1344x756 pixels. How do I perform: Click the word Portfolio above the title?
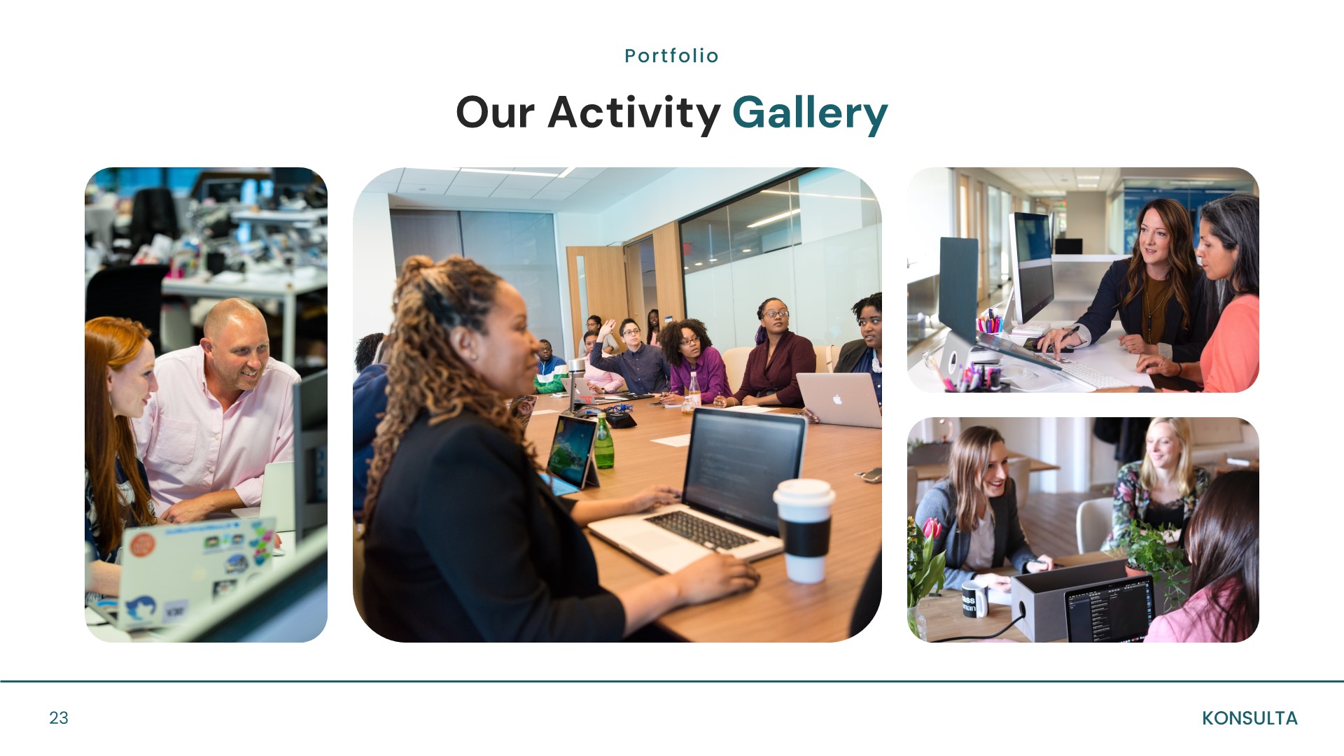[x=671, y=56]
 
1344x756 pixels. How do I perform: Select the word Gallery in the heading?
[x=809, y=113]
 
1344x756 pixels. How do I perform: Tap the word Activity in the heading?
[x=633, y=113]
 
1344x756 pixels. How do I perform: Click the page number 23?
[x=59, y=717]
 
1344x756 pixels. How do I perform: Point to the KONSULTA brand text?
[x=1249, y=718]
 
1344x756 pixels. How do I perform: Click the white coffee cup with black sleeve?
[x=804, y=530]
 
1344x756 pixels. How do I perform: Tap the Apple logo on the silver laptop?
[x=837, y=400]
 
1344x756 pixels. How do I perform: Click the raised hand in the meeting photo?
[x=610, y=326]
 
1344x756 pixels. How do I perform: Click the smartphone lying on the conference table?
[x=870, y=475]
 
